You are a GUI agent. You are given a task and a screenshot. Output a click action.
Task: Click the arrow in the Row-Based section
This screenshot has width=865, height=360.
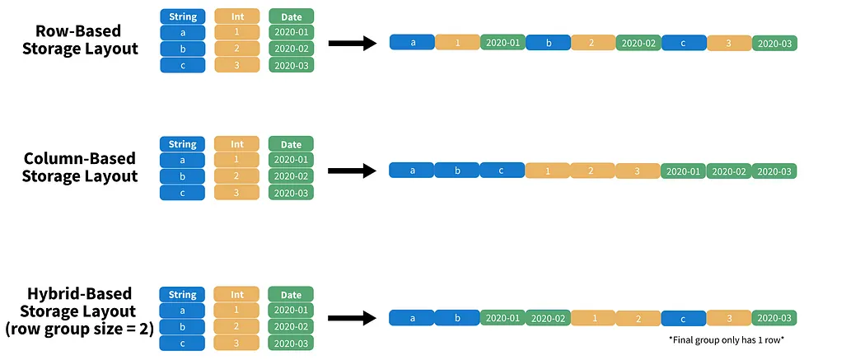click(352, 43)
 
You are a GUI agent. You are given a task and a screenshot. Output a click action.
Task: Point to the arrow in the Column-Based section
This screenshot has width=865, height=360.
click(352, 171)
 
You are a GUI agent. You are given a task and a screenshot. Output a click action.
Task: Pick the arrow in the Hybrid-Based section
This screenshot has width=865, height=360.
click(352, 318)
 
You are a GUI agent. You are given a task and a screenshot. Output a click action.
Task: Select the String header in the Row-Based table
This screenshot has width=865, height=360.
click(182, 16)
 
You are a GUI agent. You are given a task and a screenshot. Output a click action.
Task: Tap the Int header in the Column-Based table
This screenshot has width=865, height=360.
click(236, 144)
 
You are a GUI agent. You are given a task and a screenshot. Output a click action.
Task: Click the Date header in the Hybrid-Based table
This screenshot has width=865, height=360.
click(291, 294)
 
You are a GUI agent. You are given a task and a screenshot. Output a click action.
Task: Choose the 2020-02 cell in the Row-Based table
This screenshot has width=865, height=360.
click(291, 49)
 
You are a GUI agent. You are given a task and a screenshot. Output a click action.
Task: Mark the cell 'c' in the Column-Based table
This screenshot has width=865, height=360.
click(182, 192)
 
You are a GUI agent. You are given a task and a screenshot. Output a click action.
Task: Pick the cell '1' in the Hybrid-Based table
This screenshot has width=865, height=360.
click(236, 310)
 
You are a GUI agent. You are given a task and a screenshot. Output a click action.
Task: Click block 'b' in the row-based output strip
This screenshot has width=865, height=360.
click(548, 43)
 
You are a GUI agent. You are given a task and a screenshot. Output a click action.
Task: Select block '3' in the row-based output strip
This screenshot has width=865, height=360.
click(729, 43)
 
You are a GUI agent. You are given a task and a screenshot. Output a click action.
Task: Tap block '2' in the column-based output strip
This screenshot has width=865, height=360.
click(593, 171)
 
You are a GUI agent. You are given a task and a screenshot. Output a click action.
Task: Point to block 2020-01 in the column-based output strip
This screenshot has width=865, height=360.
click(683, 171)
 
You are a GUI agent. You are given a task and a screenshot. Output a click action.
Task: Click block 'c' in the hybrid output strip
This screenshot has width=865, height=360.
click(683, 318)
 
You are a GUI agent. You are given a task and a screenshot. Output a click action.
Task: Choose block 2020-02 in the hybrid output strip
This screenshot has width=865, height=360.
click(548, 318)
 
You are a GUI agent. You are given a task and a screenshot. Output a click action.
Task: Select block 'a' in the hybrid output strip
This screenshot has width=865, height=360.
click(412, 318)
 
